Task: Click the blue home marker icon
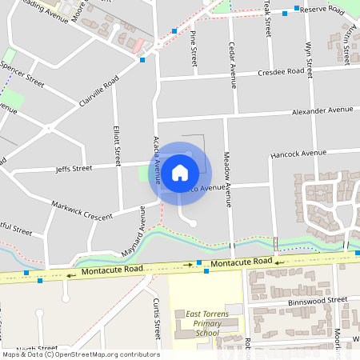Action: (x=180, y=172)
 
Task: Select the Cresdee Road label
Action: (x=281, y=72)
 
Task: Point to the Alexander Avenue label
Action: (x=322, y=110)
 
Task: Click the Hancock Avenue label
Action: (x=298, y=153)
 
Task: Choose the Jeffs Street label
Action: (x=74, y=169)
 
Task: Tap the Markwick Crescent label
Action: (x=82, y=210)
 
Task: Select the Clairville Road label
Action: (x=98, y=94)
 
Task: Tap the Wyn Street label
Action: (x=308, y=57)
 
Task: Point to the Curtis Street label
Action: (x=156, y=316)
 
